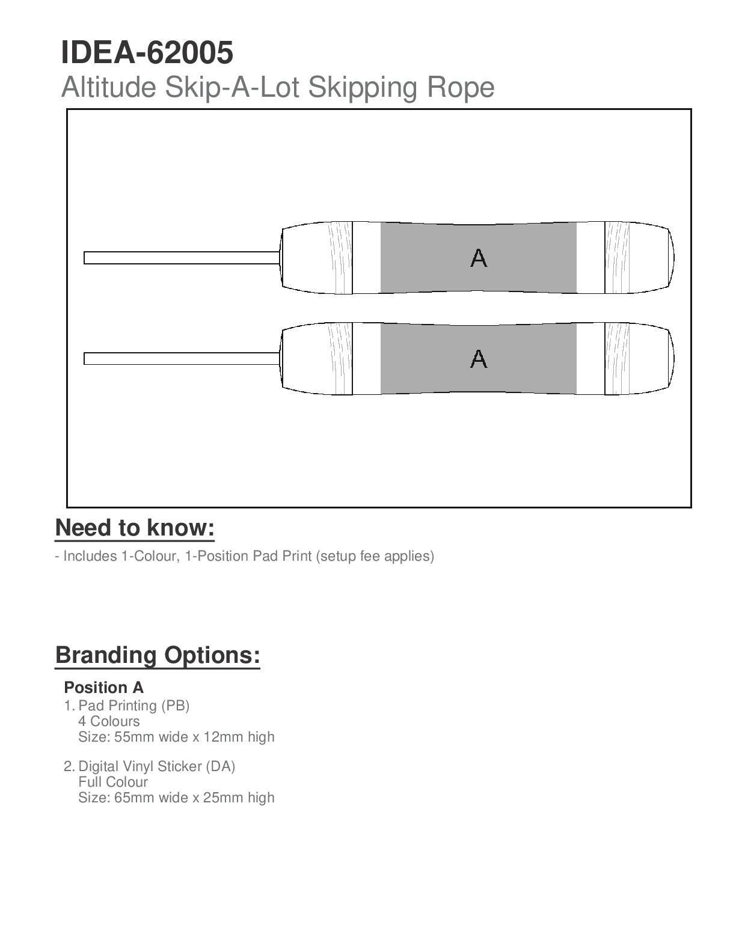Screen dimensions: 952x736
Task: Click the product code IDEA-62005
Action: coord(147,53)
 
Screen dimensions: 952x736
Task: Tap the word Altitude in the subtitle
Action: coord(109,87)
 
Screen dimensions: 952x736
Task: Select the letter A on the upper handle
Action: coord(479,258)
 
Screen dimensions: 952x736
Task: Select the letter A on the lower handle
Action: coord(479,359)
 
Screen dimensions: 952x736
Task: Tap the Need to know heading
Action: coord(135,528)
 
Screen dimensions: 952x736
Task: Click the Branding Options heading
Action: coord(158,654)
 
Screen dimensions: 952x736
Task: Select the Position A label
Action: coord(104,688)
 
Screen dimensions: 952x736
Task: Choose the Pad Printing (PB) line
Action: coord(134,706)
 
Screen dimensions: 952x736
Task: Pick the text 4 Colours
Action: coord(109,721)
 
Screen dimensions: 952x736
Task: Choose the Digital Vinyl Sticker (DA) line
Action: coord(157,766)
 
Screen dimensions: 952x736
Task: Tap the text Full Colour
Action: coord(113,782)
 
